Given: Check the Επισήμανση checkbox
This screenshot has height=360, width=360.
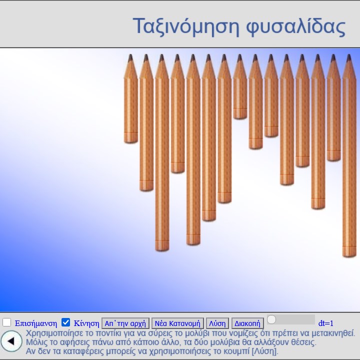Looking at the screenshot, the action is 6,322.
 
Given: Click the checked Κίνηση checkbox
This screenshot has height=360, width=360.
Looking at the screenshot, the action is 65,322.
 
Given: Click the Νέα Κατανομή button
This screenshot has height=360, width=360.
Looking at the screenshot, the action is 177,323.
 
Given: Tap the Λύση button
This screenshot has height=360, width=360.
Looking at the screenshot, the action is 217,323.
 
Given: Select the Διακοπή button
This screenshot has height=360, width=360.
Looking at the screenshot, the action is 247,323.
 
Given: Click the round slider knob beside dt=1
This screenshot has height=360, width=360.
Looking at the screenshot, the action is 271,319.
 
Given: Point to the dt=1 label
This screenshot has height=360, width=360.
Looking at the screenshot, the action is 325,323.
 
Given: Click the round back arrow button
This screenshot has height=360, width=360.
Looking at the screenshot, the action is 11,341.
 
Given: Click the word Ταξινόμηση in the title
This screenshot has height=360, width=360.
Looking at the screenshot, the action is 186,26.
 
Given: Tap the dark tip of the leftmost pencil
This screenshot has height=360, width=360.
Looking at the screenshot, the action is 130,57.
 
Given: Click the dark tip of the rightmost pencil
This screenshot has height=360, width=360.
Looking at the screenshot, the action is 349,57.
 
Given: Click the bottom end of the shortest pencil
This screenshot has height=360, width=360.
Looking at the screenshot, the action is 240,117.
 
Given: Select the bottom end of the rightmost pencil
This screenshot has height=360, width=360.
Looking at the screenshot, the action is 349,255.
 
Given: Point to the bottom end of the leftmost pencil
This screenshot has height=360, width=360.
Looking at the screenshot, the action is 130,141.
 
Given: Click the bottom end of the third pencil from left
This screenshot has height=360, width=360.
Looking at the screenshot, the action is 162,249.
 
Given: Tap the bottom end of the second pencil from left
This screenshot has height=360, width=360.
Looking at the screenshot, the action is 146,189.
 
